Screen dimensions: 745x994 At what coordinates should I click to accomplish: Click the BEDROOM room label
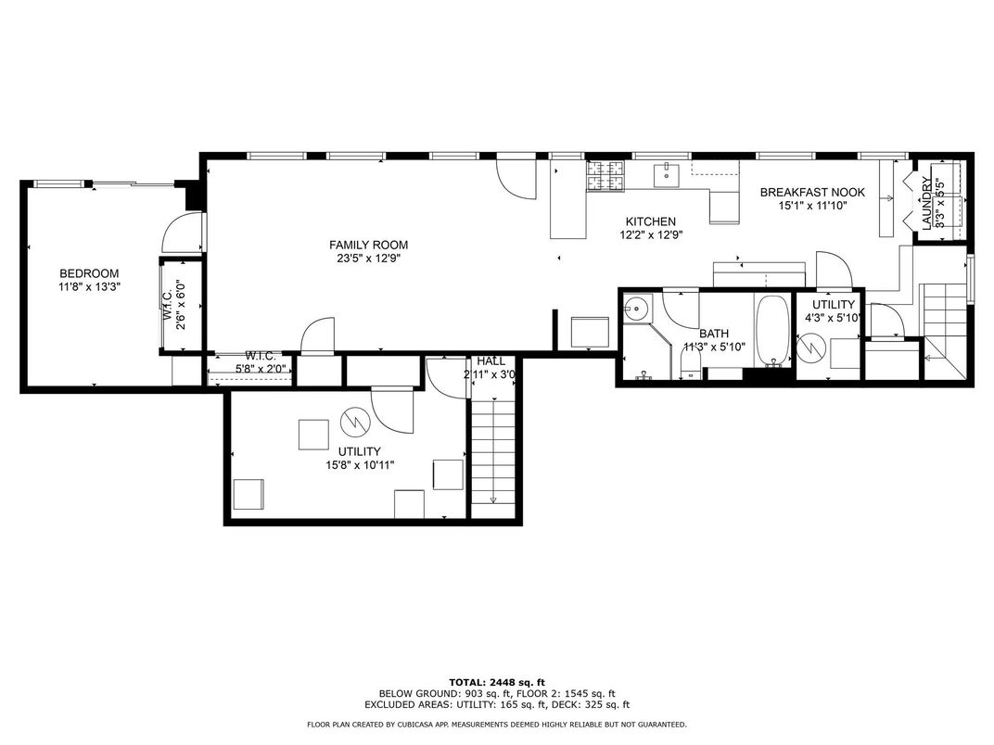point(89,272)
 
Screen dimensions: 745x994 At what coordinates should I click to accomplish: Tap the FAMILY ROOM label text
point(368,245)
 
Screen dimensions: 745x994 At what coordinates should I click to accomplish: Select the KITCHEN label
point(650,221)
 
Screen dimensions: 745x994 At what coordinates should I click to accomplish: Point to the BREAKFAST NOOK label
point(811,193)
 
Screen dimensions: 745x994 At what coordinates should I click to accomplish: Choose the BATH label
point(714,334)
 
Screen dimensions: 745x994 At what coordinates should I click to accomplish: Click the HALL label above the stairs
point(491,360)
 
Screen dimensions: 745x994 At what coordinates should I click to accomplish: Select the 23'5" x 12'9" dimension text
point(368,259)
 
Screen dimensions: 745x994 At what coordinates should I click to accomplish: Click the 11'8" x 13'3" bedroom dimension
point(89,287)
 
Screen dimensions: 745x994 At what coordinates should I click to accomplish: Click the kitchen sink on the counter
point(666,172)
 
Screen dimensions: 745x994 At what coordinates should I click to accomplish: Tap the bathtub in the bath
point(772,330)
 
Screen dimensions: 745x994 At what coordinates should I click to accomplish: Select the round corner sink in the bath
point(635,309)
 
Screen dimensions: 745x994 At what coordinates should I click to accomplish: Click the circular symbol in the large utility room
point(353,423)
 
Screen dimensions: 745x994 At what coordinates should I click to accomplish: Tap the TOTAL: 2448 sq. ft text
point(496,681)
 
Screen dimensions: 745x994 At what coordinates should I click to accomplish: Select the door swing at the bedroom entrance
point(179,233)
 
